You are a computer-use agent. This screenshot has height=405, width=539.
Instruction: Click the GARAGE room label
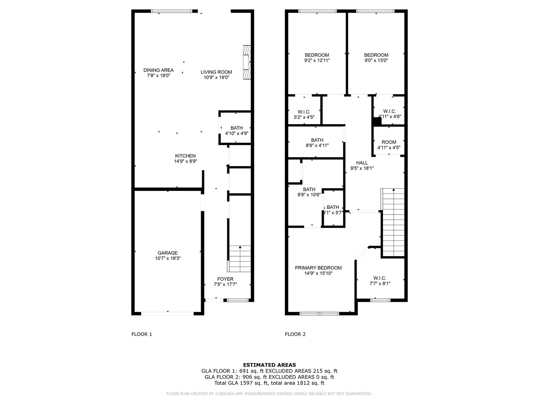(x=167, y=253)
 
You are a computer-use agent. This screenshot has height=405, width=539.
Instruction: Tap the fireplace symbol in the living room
(x=247, y=63)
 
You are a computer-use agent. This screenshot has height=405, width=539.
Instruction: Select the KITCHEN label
(x=185, y=156)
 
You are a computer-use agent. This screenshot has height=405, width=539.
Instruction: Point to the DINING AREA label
(x=158, y=70)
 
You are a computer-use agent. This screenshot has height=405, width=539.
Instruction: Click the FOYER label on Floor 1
(x=225, y=279)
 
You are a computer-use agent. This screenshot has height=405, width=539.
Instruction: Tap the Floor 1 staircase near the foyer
(x=240, y=259)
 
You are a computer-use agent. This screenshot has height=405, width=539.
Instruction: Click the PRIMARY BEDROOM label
(x=318, y=268)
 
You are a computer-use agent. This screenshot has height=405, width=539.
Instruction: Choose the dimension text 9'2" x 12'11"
(x=317, y=60)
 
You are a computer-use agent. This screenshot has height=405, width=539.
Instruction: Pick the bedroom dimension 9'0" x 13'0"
(x=376, y=60)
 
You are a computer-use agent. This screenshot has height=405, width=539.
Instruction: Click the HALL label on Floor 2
(x=362, y=163)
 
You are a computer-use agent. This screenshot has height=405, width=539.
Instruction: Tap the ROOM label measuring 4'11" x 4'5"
(x=389, y=142)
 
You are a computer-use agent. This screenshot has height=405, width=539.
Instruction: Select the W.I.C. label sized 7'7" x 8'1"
(x=380, y=278)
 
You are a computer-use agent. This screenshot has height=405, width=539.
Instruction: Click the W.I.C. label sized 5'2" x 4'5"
(x=304, y=112)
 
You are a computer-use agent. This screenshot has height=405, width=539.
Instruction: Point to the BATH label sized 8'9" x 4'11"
(x=317, y=140)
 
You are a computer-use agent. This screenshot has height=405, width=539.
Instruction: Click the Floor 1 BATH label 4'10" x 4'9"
(x=237, y=128)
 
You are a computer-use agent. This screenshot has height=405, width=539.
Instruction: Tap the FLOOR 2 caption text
(x=295, y=334)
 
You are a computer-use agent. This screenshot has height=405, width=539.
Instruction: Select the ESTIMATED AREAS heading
(x=269, y=365)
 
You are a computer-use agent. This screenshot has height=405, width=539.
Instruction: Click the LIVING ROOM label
(x=216, y=72)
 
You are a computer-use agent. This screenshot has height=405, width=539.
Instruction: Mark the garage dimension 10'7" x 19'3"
(x=167, y=258)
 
